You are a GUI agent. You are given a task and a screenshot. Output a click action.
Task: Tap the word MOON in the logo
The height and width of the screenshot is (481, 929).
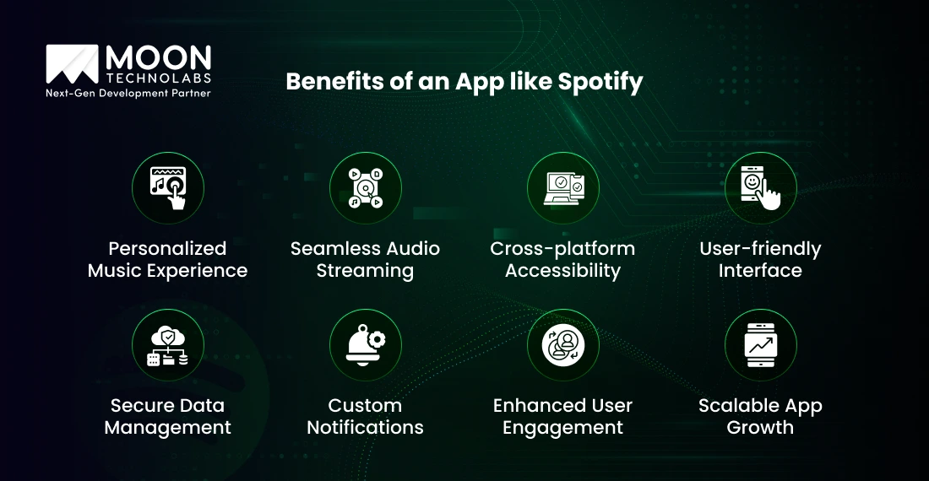point(157,57)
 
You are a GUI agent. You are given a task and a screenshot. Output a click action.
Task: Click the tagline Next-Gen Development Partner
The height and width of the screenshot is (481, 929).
point(128,92)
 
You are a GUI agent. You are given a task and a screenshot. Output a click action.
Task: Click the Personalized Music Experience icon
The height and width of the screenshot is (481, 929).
point(168,187)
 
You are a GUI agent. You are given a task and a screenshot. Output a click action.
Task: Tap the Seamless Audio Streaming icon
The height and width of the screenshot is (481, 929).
point(366,187)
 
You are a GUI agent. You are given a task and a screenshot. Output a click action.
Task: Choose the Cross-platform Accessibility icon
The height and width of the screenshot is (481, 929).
point(563,187)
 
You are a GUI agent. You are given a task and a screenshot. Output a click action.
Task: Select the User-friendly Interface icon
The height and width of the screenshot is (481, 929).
point(760,187)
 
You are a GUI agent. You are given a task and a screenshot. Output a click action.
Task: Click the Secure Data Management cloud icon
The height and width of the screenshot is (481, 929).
point(168,344)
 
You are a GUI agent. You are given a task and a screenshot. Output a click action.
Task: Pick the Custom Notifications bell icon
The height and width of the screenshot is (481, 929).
point(366,344)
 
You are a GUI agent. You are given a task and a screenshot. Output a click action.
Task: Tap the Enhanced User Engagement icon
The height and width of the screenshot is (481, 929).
point(563,344)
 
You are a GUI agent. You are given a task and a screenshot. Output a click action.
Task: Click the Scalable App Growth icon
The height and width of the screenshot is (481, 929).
point(760,344)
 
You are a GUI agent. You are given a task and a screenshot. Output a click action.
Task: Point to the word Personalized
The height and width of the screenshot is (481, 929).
point(168,248)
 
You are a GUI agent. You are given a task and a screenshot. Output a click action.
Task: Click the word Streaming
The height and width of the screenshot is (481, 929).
point(365,271)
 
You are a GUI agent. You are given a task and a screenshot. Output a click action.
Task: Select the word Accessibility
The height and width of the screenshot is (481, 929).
point(562,271)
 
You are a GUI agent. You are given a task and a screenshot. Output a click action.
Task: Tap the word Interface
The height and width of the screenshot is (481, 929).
point(760,271)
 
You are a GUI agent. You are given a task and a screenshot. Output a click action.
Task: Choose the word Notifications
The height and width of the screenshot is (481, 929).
point(365,428)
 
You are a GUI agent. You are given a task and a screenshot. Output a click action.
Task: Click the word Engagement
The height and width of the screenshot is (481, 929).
point(562,428)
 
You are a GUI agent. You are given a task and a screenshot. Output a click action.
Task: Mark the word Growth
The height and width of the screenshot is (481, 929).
point(760,428)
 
